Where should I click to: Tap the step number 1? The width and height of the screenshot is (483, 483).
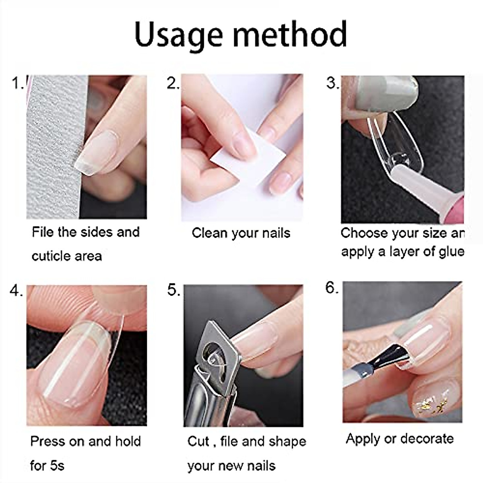[18, 83]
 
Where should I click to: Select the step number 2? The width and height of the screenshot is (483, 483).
[173, 83]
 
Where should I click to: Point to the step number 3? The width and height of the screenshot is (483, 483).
[332, 83]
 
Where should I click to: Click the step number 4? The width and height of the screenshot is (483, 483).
[16, 291]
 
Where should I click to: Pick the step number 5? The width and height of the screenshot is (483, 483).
[173, 291]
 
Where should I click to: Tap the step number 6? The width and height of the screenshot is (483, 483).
[332, 288]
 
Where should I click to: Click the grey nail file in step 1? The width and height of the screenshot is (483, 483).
[52, 149]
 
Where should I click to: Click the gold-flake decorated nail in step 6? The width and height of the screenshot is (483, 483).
[431, 398]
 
